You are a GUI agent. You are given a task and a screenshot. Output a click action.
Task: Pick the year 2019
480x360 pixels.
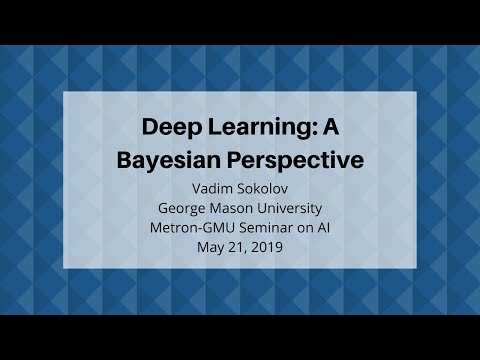click(x=268, y=247)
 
